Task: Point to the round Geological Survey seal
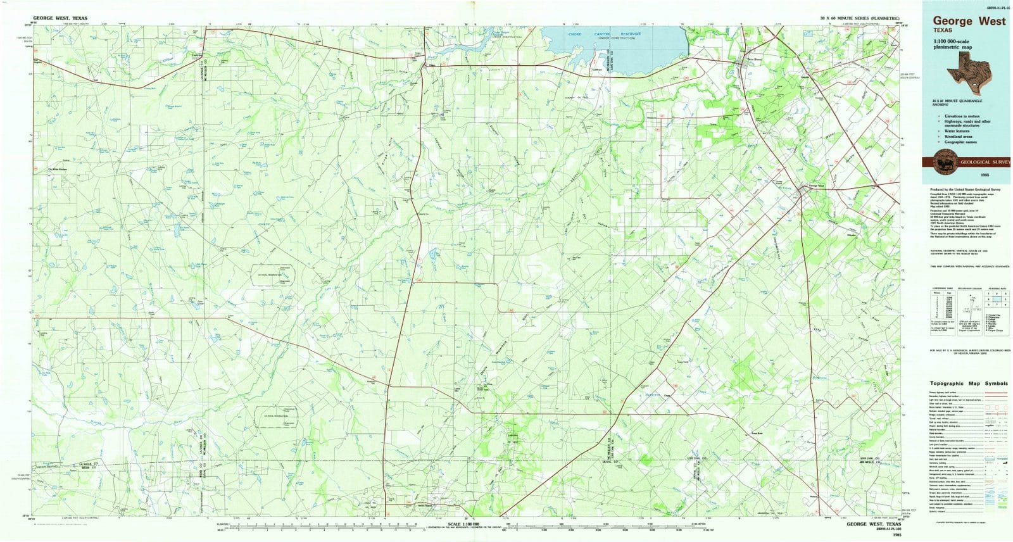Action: (948, 163)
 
